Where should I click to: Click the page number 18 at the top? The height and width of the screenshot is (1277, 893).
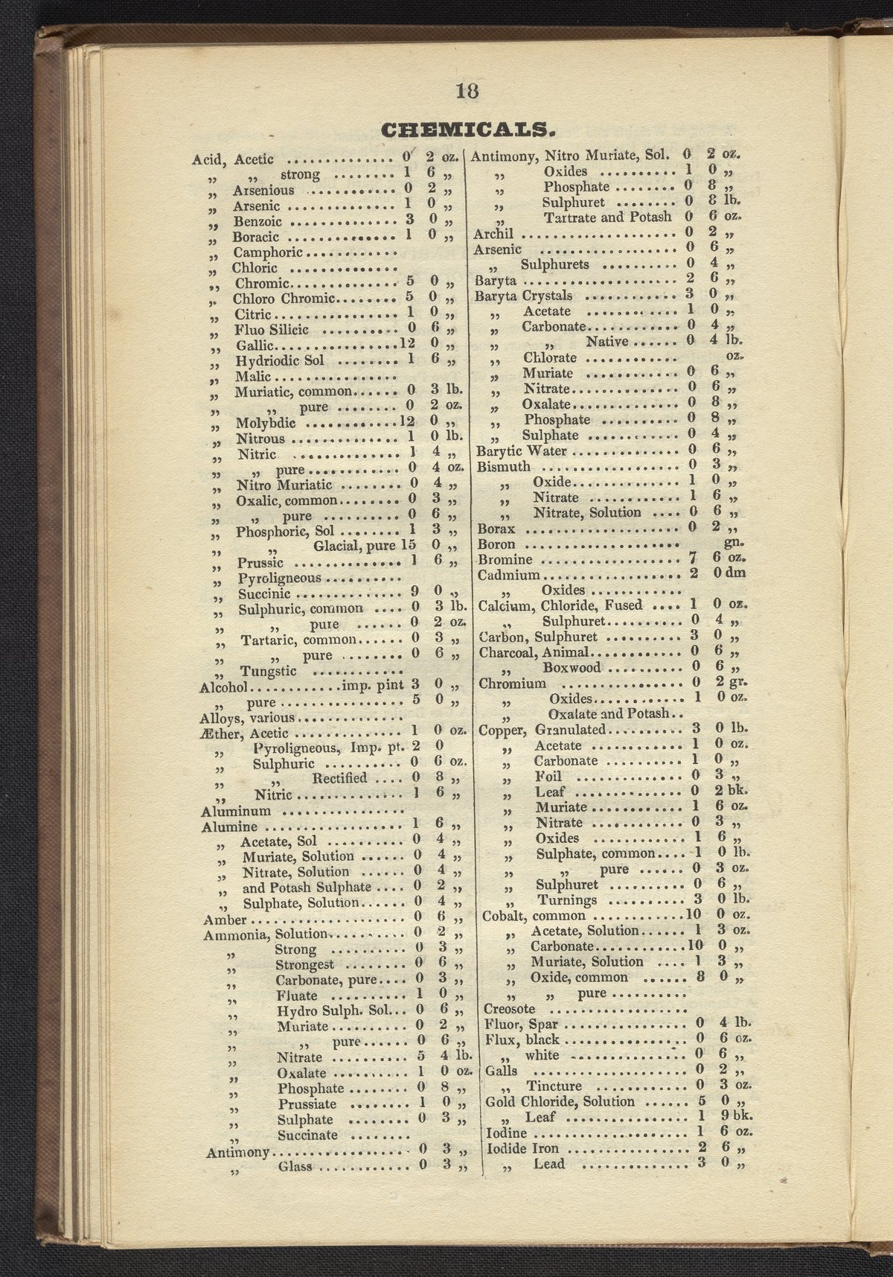pyautogui.click(x=467, y=91)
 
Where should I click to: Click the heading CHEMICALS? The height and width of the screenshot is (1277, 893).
pyautogui.click(x=468, y=130)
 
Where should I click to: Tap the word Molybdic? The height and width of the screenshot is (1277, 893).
pyautogui.click(x=266, y=423)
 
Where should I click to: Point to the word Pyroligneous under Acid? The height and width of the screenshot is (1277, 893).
pyautogui.click(x=279, y=578)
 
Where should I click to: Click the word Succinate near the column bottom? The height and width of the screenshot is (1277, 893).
pyautogui.click(x=307, y=1136)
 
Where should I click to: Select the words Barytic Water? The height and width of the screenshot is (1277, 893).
pyautogui.click(x=521, y=451)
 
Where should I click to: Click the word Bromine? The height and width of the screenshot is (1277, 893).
pyautogui.click(x=505, y=560)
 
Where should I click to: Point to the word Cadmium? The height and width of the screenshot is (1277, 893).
pyautogui.click(x=509, y=576)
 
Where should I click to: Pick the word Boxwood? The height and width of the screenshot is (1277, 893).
pyautogui.click(x=571, y=668)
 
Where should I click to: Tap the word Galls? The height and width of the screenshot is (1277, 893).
pyautogui.click(x=500, y=1071)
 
